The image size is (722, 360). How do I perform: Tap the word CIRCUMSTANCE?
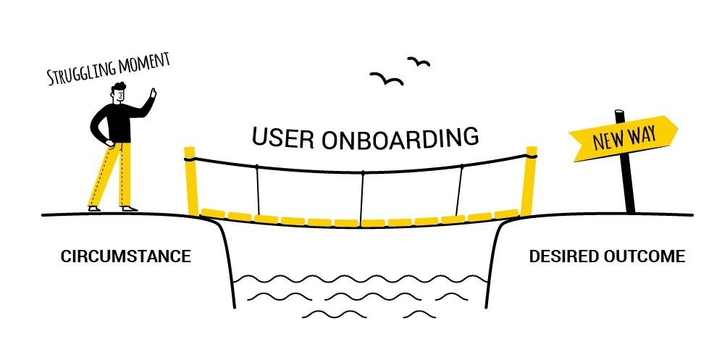[x=125, y=256]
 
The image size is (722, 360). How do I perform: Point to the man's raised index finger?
[x=153, y=91]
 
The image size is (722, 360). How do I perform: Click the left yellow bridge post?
[x=190, y=181]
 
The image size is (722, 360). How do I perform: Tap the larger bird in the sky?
[x=387, y=78]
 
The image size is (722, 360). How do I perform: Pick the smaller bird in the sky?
[x=418, y=61]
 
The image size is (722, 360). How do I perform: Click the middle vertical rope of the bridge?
[x=361, y=196]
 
